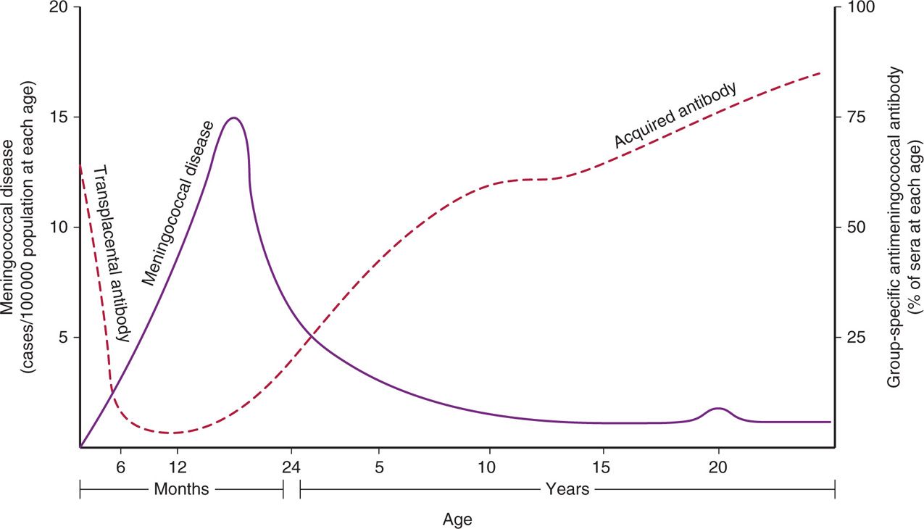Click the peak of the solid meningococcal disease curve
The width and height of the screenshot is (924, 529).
(233, 118)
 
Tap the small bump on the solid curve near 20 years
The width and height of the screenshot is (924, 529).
(718, 409)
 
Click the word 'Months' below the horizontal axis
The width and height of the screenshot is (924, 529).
(181, 489)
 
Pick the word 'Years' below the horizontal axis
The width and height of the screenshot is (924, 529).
(567, 489)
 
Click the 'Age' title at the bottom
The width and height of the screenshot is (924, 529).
(457, 519)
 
